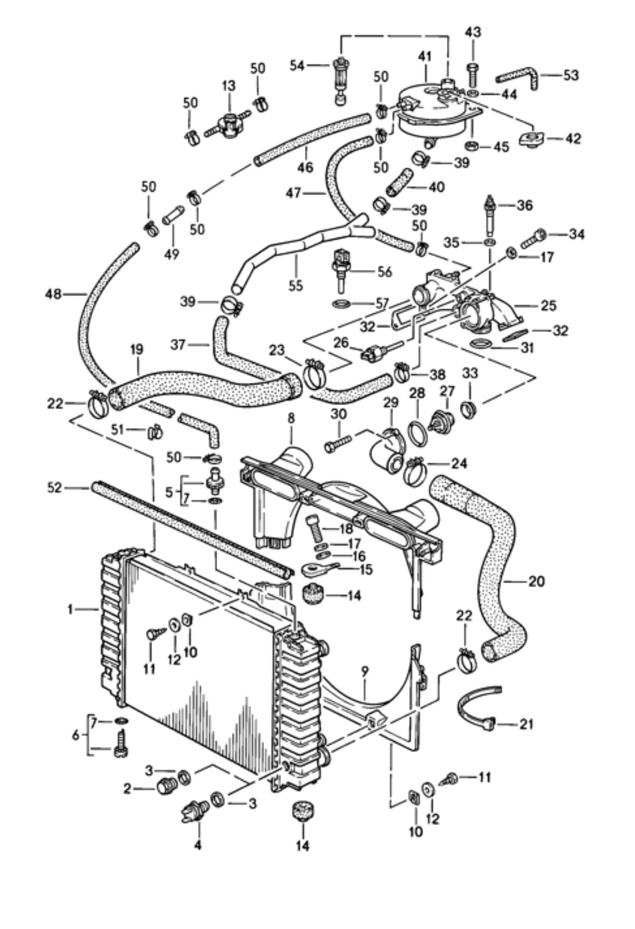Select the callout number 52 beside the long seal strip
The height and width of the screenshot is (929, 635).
click(55, 488)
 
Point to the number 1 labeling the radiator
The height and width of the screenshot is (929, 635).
click(71, 610)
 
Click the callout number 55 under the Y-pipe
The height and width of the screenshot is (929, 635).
click(296, 285)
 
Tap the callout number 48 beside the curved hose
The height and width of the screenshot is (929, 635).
click(53, 294)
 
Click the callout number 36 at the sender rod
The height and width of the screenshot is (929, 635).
click(524, 205)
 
